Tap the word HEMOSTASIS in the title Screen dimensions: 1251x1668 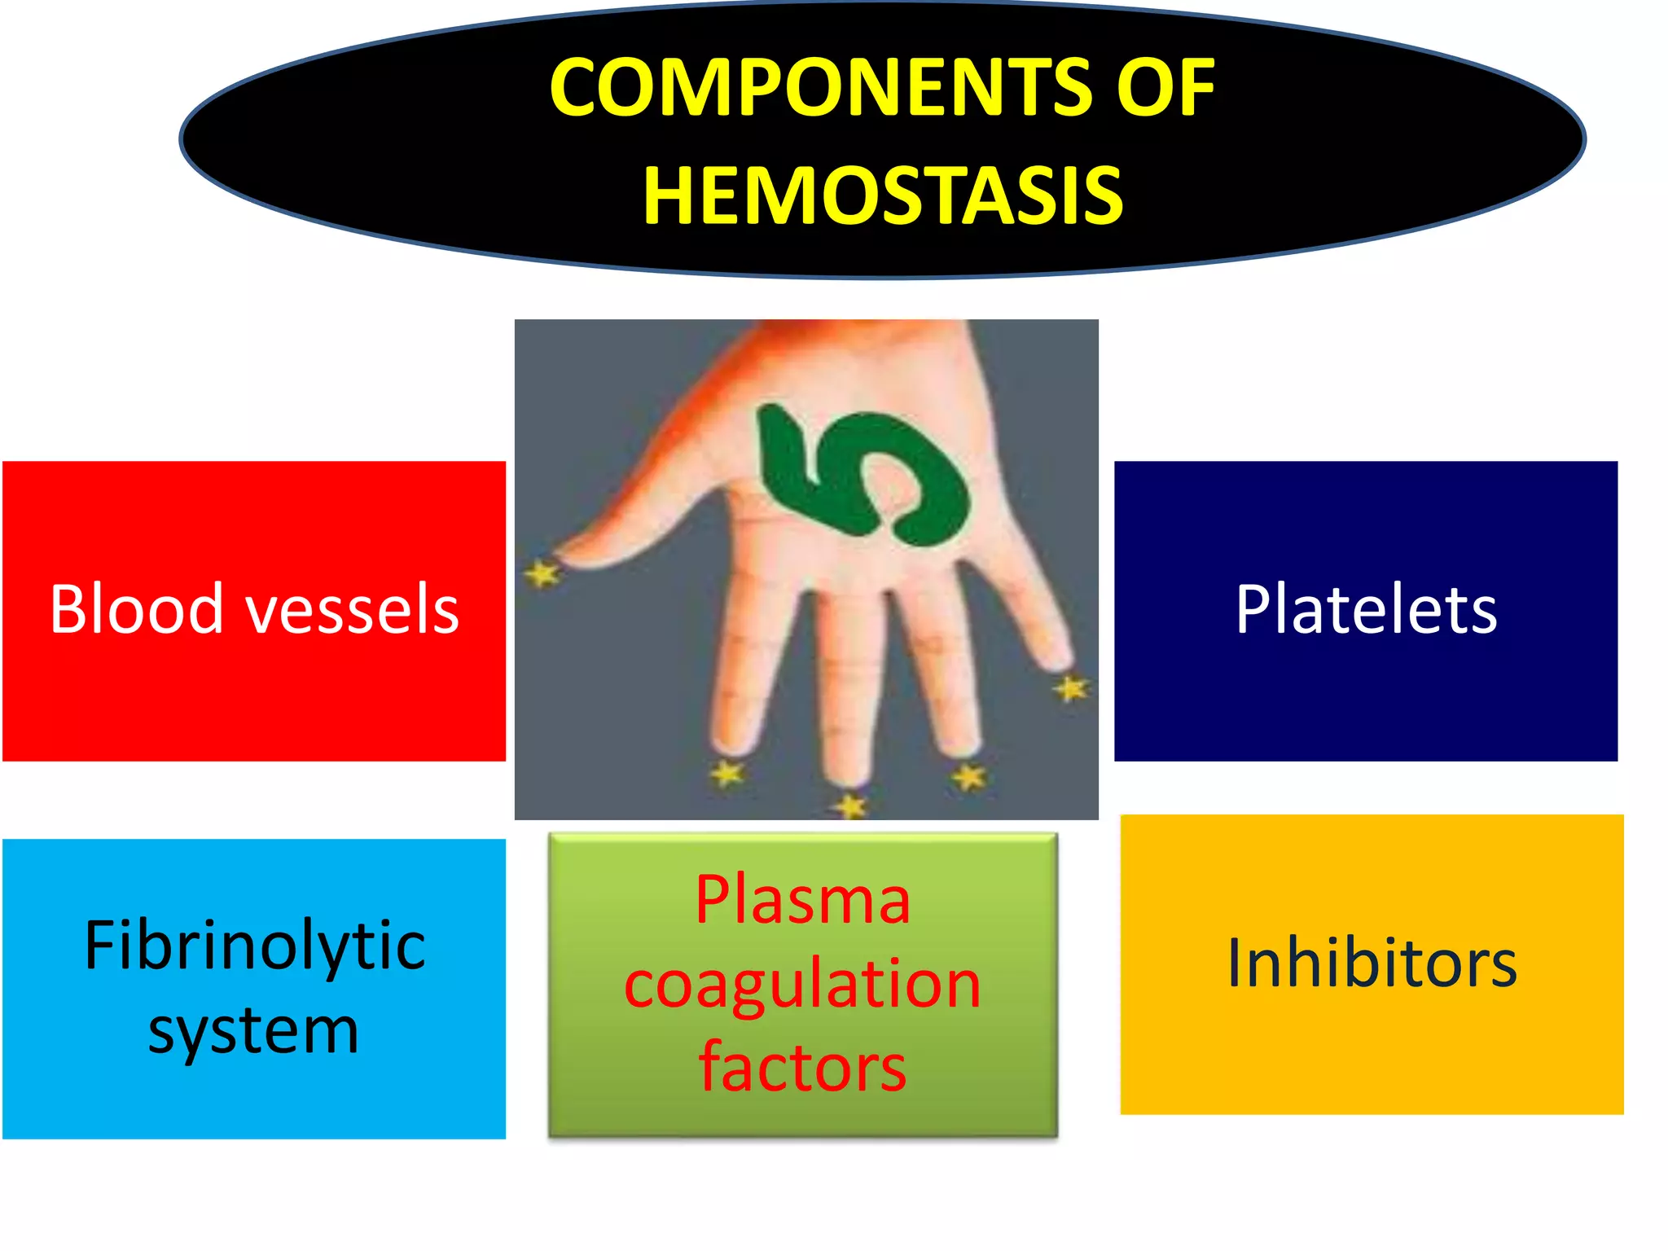click(x=883, y=195)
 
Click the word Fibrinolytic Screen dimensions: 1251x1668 click(x=254, y=946)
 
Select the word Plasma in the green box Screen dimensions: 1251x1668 click(x=802, y=900)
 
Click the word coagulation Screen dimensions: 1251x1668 click(x=802, y=985)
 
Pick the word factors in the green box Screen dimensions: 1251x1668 click(x=802, y=1068)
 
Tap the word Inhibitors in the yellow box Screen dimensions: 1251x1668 click(x=1372, y=963)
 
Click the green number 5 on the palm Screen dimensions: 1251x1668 click(x=864, y=477)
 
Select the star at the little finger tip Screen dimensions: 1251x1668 click(x=1070, y=689)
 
